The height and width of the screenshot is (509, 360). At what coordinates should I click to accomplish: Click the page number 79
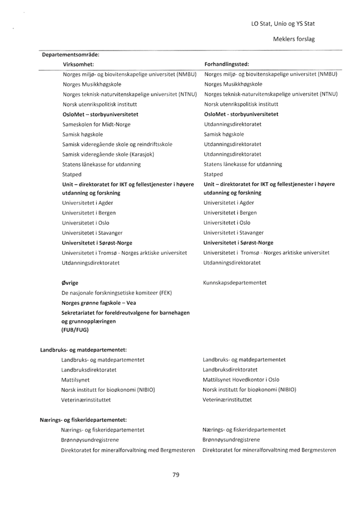coord(176,474)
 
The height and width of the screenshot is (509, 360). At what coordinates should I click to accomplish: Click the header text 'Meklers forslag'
coord(294,39)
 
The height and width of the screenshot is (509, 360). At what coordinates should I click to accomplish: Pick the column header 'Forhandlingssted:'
coord(226,63)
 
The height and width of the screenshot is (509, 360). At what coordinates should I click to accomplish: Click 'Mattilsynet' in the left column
coord(76,379)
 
